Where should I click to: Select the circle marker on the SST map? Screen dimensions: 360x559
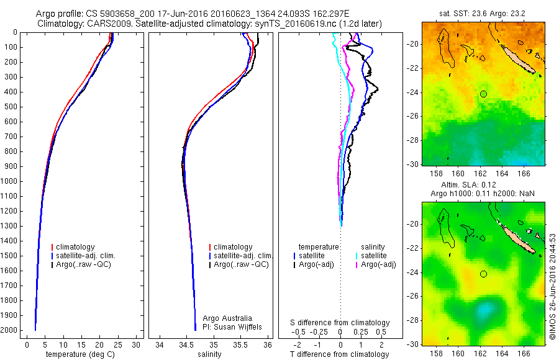coord(483,94)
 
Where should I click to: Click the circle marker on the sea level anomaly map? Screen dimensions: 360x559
coord(483,274)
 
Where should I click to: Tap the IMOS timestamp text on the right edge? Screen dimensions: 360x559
coord(552,286)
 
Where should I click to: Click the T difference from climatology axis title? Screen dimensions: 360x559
coord(340,354)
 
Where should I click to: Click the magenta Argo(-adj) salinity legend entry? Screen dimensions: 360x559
coord(378,264)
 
